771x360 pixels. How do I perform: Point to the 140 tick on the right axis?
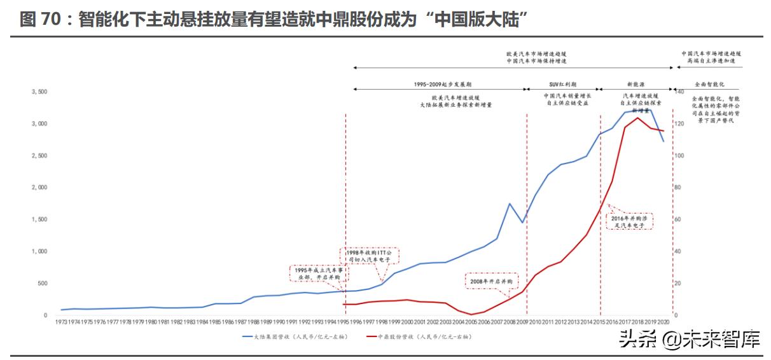(679, 92)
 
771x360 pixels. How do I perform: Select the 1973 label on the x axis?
(62, 322)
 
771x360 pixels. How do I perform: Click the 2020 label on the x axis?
(664, 322)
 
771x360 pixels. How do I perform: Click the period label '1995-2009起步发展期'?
(438, 83)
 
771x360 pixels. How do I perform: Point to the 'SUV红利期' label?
(562, 83)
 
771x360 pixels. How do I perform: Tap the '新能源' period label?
(636, 83)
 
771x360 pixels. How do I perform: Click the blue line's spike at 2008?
(510, 204)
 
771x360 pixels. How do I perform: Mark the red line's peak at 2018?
(638, 118)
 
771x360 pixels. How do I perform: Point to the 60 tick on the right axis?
(677, 219)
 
